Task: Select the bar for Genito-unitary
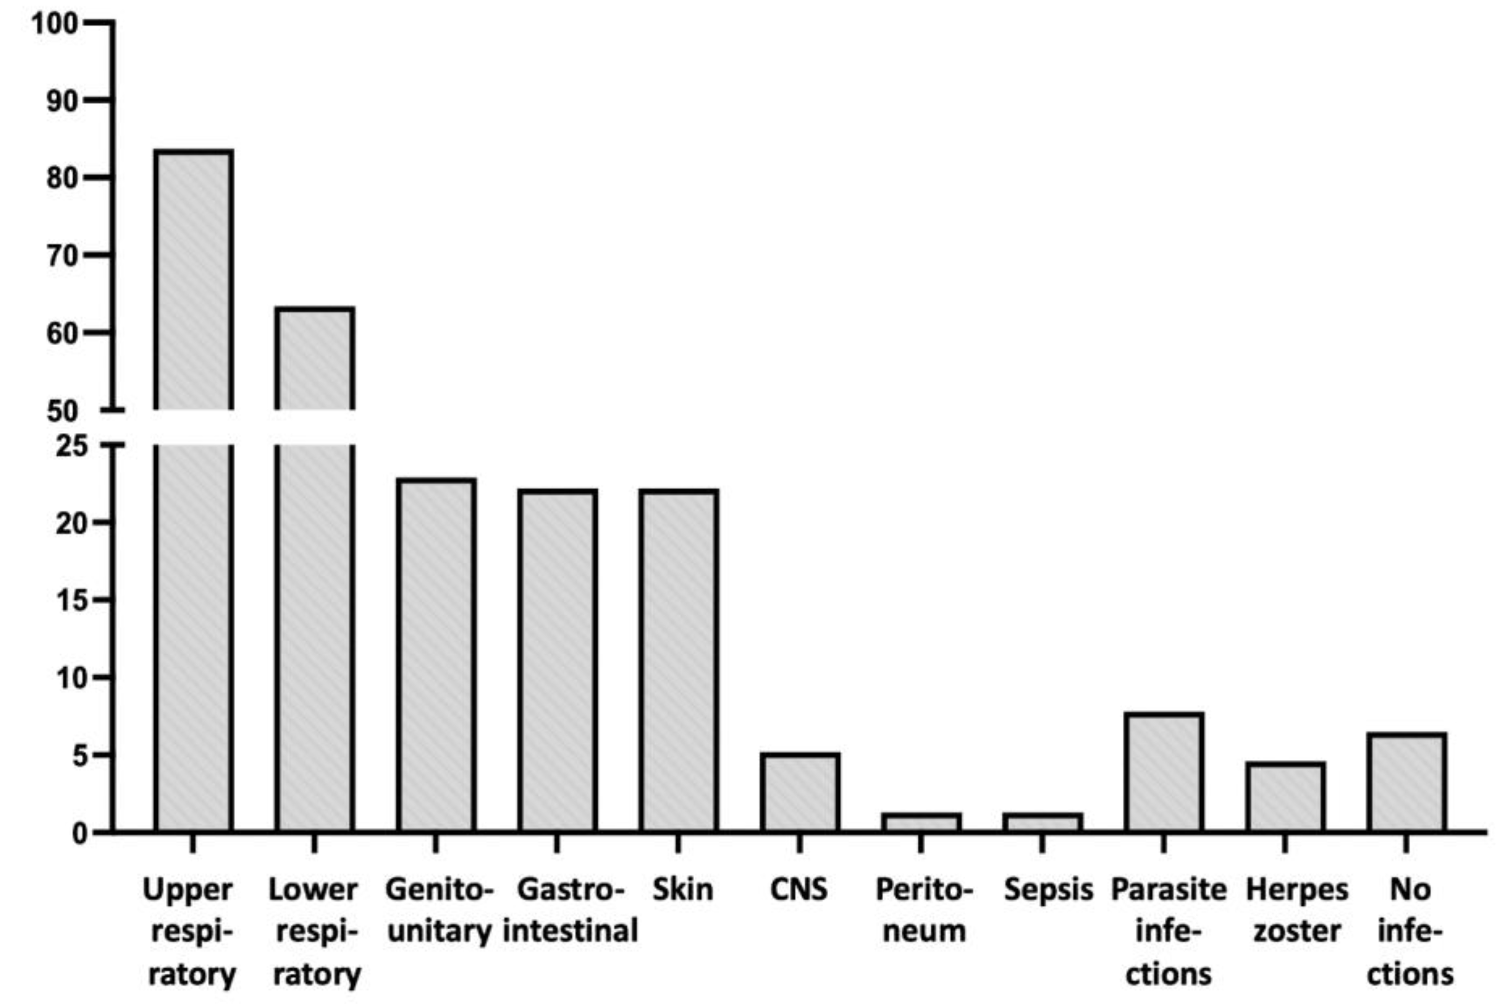click(x=436, y=655)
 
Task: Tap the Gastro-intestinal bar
click(x=557, y=661)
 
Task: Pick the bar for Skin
click(x=679, y=661)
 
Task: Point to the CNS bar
click(x=800, y=793)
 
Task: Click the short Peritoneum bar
click(x=921, y=823)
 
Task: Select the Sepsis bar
click(x=1043, y=823)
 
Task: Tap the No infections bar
click(x=1407, y=783)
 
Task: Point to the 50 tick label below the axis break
click(x=62, y=411)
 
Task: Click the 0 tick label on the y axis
click(x=79, y=834)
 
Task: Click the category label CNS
click(x=799, y=890)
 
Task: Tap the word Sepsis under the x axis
click(x=1048, y=890)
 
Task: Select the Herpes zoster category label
click(x=1297, y=911)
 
